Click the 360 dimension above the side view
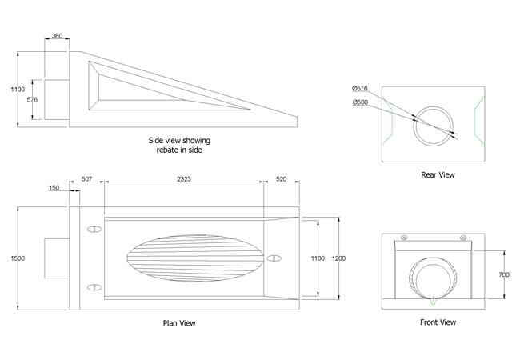point(58,36)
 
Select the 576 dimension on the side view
point(32,100)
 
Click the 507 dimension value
point(86,180)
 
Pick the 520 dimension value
point(281,180)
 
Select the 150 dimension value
point(54,189)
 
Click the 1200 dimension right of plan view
point(340,258)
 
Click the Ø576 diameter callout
point(359,88)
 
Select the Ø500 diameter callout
point(359,102)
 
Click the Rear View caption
point(438,174)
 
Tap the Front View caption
point(438,322)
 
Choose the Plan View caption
point(178,323)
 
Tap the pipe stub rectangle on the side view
point(56,100)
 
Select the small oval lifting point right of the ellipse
point(274,258)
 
